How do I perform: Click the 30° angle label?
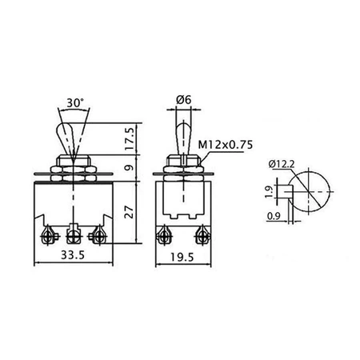[75, 102]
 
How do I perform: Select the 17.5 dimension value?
[130, 138]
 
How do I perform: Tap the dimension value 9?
[130, 168]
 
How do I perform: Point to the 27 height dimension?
[130, 212]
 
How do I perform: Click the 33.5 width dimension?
[73, 255]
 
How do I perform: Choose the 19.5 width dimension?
[182, 258]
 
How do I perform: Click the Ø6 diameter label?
[184, 100]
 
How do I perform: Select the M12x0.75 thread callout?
[226, 145]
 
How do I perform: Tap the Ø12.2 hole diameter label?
[282, 164]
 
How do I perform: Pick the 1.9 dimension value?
[270, 192]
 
